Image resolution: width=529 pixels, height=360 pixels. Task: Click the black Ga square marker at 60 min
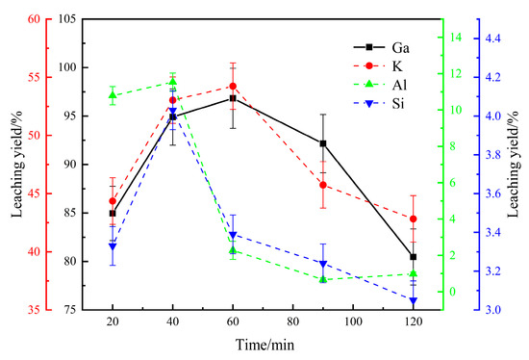(233, 98)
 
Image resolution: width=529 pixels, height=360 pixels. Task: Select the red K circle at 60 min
(233, 86)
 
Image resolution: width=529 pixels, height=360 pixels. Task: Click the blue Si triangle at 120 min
(414, 301)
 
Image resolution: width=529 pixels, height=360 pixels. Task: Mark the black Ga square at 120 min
(414, 257)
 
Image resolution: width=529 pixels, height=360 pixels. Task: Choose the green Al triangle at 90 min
(323, 279)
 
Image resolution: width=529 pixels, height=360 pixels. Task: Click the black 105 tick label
(81, 19)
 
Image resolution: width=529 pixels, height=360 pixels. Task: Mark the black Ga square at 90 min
(323, 143)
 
